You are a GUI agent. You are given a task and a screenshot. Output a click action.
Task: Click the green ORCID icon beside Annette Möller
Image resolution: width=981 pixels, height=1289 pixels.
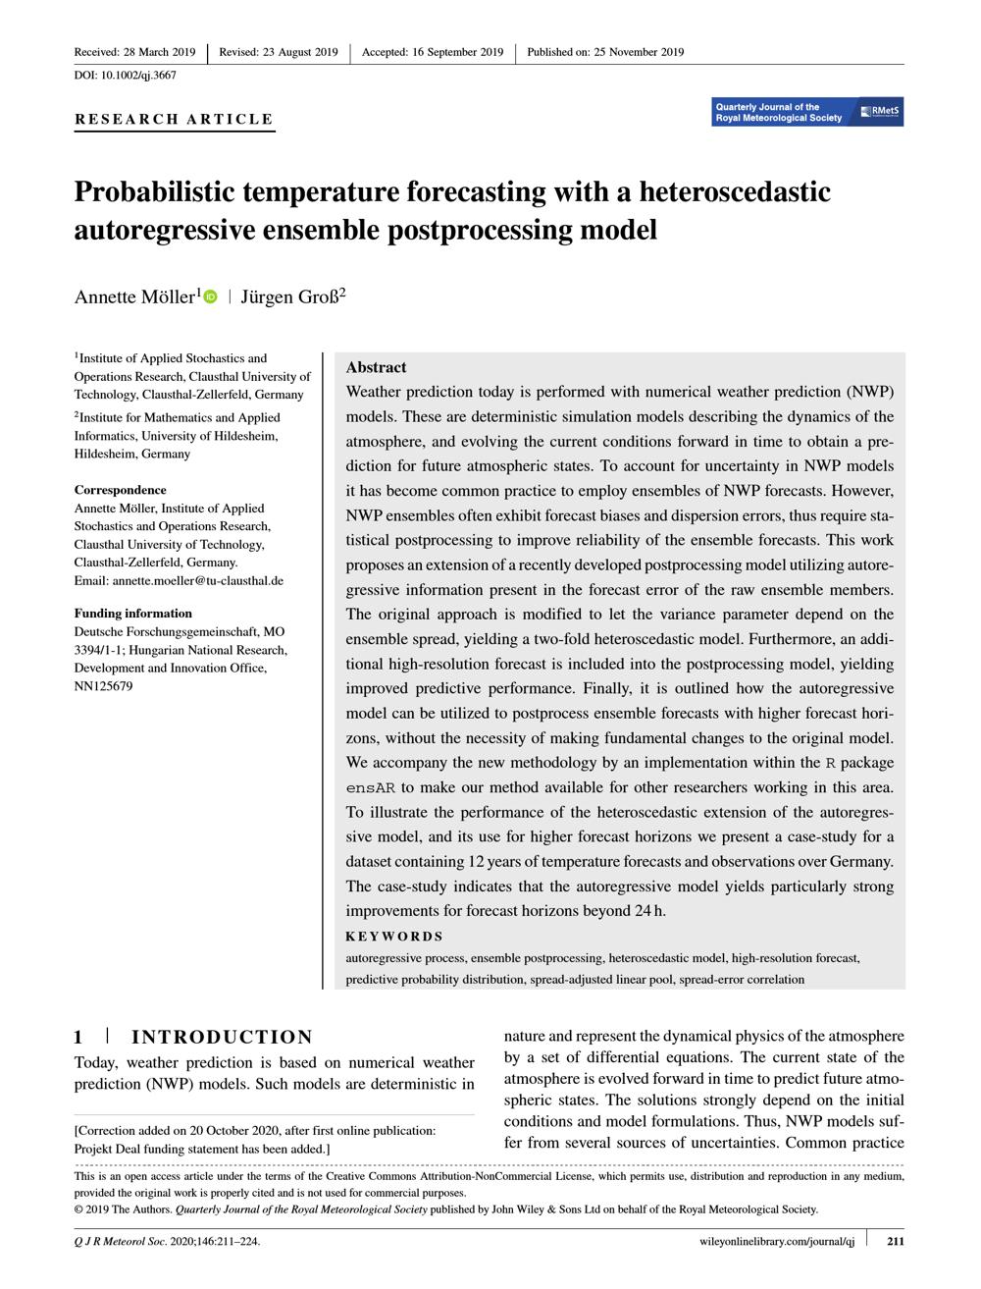pyautogui.click(x=210, y=296)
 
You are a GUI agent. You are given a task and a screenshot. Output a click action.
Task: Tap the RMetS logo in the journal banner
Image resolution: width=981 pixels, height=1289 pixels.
pyautogui.click(x=880, y=112)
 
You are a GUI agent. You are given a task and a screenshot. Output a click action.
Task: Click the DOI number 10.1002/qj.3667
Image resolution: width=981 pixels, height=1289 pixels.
pyautogui.click(x=139, y=76)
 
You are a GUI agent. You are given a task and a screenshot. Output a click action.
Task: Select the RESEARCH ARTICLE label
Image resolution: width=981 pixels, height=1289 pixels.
pyautogui.click(x=175, y=119)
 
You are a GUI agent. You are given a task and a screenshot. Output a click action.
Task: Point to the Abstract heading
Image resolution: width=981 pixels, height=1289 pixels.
pyautogui.click(x=376, y=367)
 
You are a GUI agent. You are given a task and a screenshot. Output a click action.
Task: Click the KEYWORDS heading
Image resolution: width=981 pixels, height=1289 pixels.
pyautogui.click(x=394, y=937)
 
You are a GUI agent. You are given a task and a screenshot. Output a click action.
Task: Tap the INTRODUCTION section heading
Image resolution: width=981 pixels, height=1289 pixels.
pyautogui.click(x=222, y=1038)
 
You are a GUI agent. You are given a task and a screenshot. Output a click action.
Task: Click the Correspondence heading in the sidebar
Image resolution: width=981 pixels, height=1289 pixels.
pyautogui.click(x=121, y=490)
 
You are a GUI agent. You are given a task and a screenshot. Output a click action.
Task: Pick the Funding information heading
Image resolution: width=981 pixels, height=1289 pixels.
pyautogui.click(x=133, y=614)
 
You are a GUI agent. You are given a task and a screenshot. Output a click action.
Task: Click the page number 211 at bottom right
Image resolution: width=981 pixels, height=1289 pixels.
pyautogui.click(x=895, y=1241)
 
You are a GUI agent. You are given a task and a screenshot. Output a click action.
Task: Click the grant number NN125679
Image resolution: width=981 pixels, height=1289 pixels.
pyautogui.click(x=103, y=686)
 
